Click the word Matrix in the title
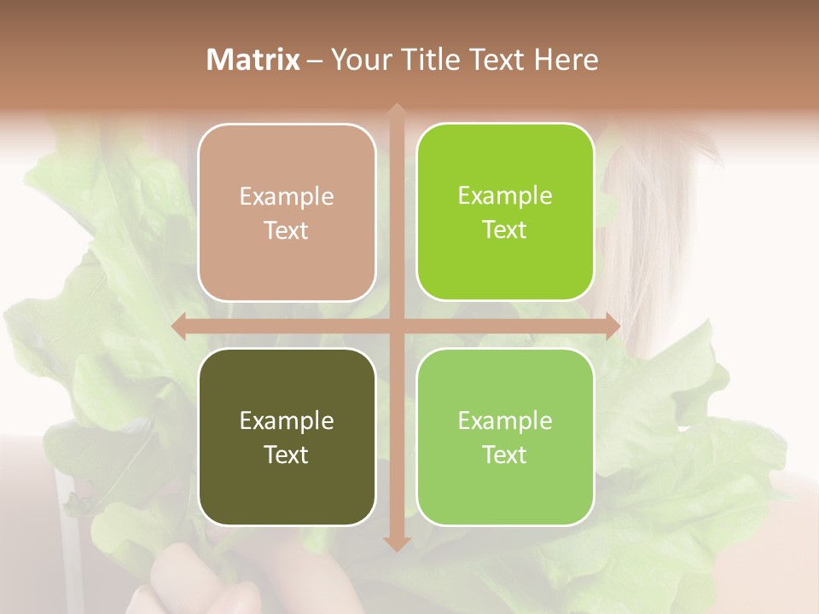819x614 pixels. (x=253, y=60)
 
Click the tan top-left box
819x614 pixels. (x=287, y=212)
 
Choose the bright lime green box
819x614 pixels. (x=505, y=211)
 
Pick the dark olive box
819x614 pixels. (x=287, y=437)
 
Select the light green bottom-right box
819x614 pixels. (x=505, y=437)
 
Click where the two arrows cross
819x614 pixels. (x=396, y=327)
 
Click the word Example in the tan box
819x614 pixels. (x=287, y=196)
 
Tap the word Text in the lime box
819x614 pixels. (x=505, y=230)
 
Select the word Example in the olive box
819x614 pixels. (x=287, y=420)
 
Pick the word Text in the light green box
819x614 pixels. (x=505, y=455)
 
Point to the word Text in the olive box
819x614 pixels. (x=287, y=455)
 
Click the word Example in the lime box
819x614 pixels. (x=505, y=195)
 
